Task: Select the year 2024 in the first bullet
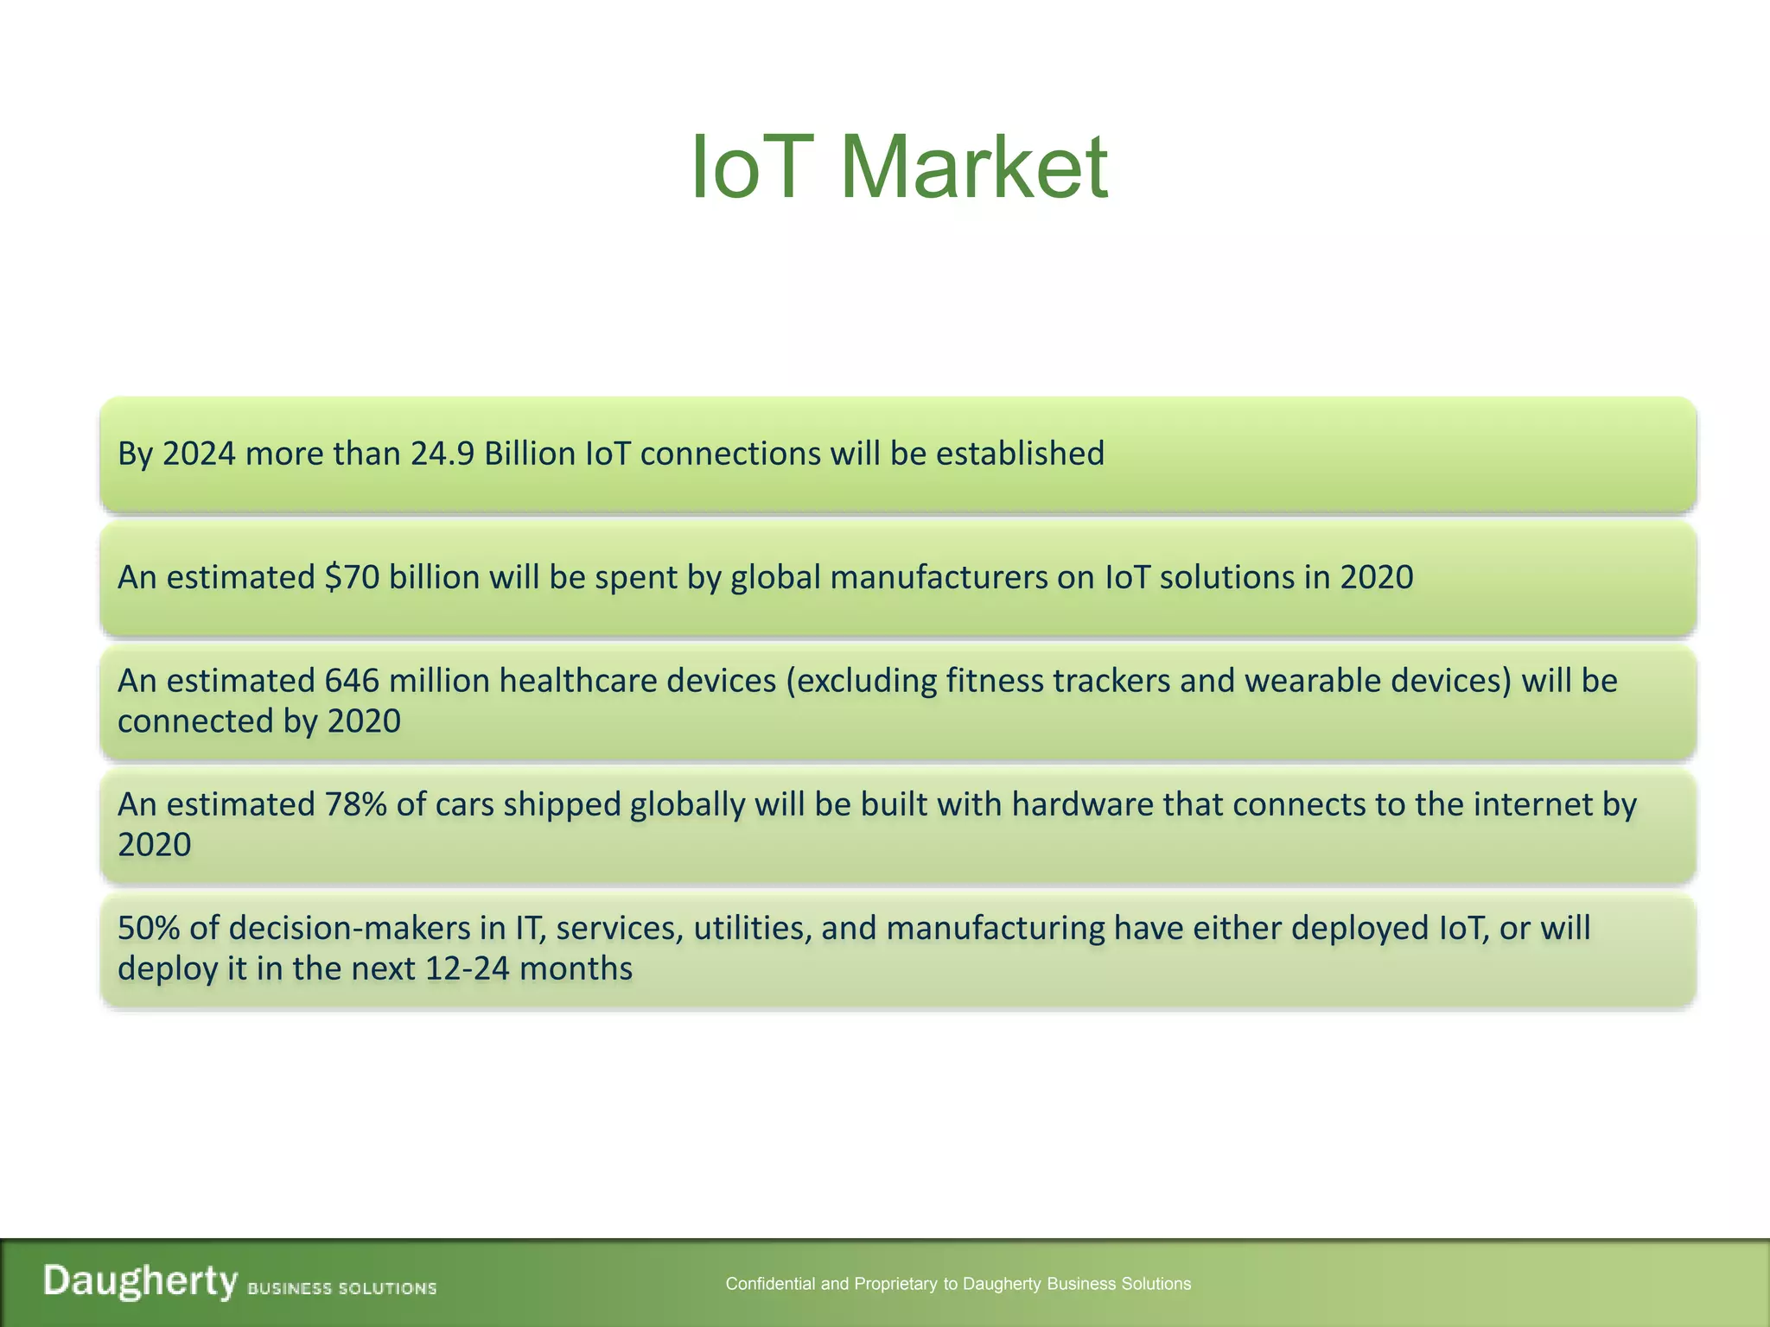pos(199,454)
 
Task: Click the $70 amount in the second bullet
pos(352,577)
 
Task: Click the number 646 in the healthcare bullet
pos(352,681)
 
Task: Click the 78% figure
pos(355,804)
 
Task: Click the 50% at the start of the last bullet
pos(148,928)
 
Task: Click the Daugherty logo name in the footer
pos(140,1280)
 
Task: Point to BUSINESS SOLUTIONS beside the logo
pos(341,1288)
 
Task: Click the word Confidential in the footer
pos(770,1284)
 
